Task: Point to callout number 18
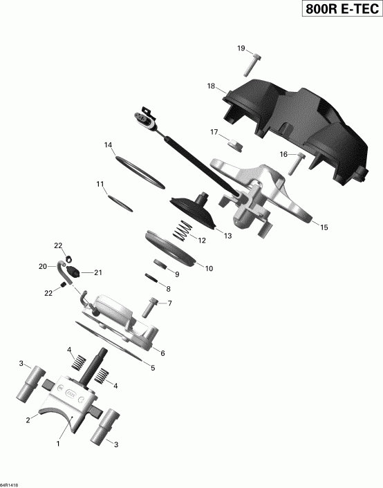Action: point(212,86)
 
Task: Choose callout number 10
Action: point(209,268)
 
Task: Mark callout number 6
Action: point(162,353)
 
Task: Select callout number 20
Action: point(42,266)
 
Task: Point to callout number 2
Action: point(28,419)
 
